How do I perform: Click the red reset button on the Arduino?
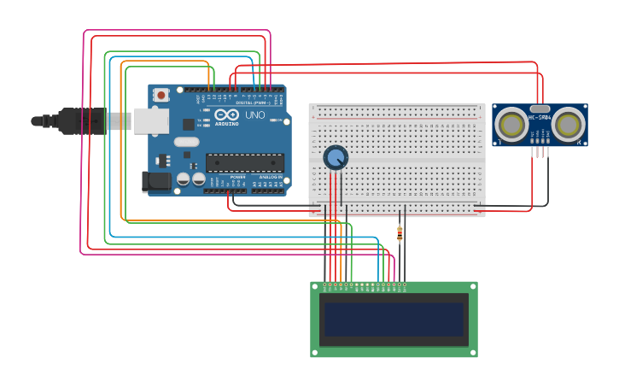(x=161, y=97)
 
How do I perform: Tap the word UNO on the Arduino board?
(x=254, y=114)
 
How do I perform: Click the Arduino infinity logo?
(x=227, y=114)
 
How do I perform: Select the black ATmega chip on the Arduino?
(x=245, y=162)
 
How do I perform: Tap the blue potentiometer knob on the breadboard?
(x=336, y=157)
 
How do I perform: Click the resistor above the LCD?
(x=400, y=232)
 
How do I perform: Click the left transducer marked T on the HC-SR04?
(x=513, y=126)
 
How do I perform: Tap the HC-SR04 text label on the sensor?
(x=540, y=117)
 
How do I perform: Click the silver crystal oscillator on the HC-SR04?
(x=540, y=109)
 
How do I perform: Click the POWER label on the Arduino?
(x=237, y=177)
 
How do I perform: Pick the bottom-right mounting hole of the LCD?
(x=472, y=352)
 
